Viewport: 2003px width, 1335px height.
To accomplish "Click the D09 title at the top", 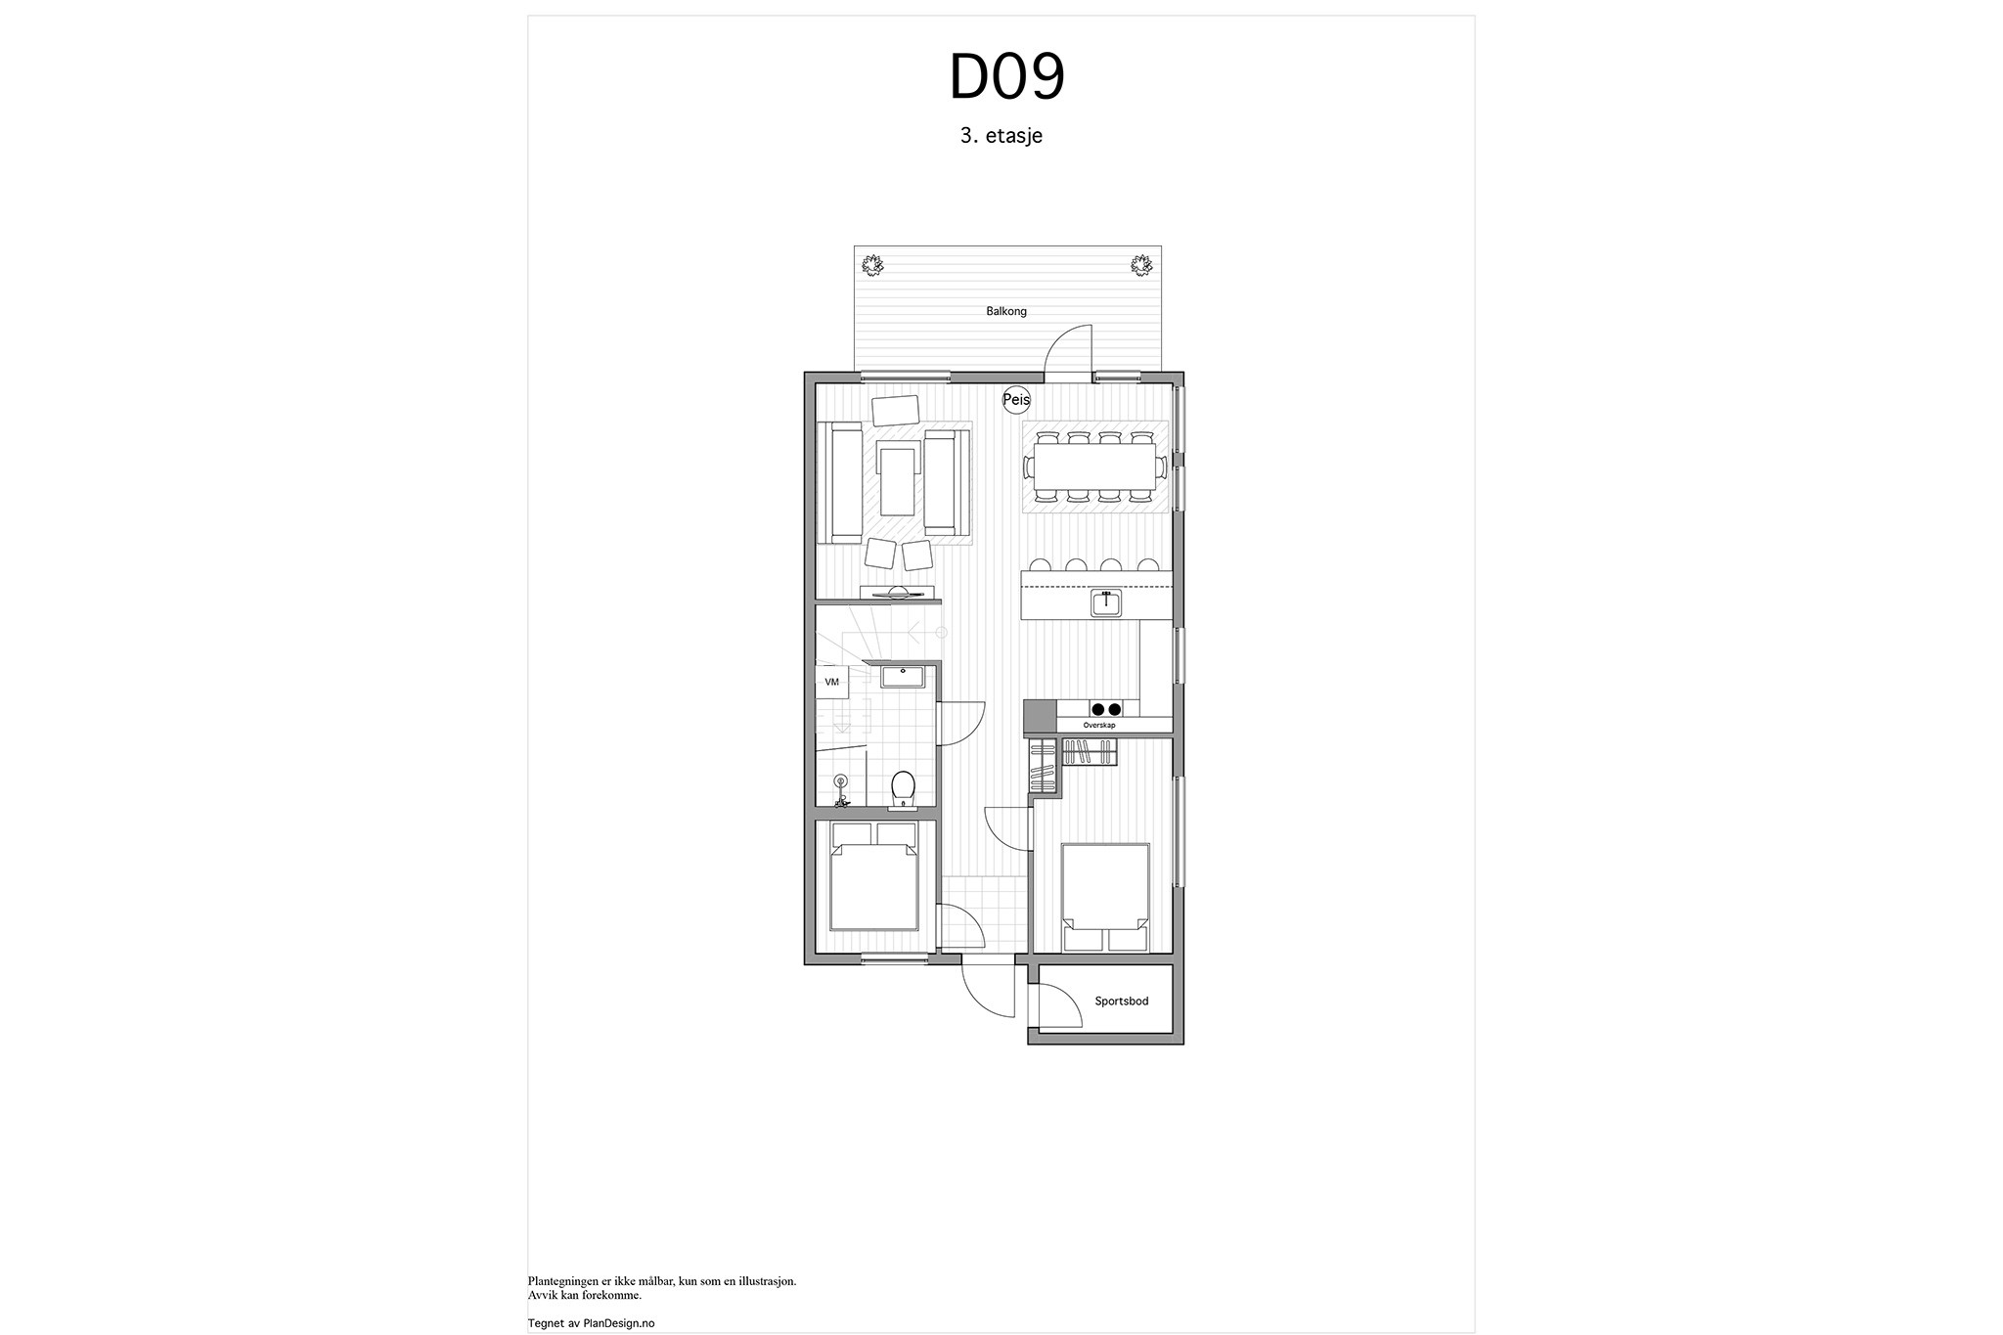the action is (x=1006, y=77).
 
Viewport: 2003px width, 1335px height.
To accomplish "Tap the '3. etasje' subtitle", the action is (x=1001, y=136).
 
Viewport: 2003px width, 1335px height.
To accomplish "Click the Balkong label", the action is (x=1006, y=311).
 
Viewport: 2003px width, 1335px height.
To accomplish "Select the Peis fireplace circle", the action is (x=1016, y=400).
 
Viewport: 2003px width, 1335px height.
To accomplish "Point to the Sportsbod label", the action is (x=1122, y=1001).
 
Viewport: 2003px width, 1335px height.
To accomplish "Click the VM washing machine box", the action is (x=832, y=682).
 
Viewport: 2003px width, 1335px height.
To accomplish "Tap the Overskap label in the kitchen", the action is (x=1099, y=726).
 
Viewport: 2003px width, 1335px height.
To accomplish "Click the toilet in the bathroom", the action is (x=903, y=790).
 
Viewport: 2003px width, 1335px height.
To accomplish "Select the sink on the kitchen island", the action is (x=1106, y=602).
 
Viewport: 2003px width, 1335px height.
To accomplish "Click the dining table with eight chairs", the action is (x=1095, y=467).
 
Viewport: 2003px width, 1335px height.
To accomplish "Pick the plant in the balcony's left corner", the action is (x=872, y=264).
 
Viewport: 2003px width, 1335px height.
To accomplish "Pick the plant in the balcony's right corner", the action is (x=1140, y=264).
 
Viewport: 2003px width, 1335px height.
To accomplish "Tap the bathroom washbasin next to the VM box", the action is (x=902, y=676).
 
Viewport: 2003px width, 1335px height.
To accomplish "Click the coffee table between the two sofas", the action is (x=214, y=479).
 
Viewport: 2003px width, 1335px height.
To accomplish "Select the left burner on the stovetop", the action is (x=1098, y=710).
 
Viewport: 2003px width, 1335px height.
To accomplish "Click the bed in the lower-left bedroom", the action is (x=873, y=875).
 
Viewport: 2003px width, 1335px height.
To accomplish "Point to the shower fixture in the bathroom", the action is (x=841, y=790).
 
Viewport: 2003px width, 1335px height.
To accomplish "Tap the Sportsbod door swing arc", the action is (x=1066, y=996).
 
